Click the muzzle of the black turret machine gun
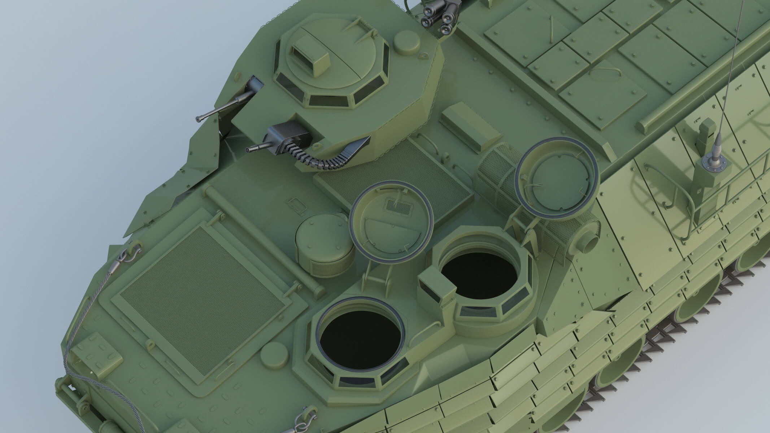coord(247,150)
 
